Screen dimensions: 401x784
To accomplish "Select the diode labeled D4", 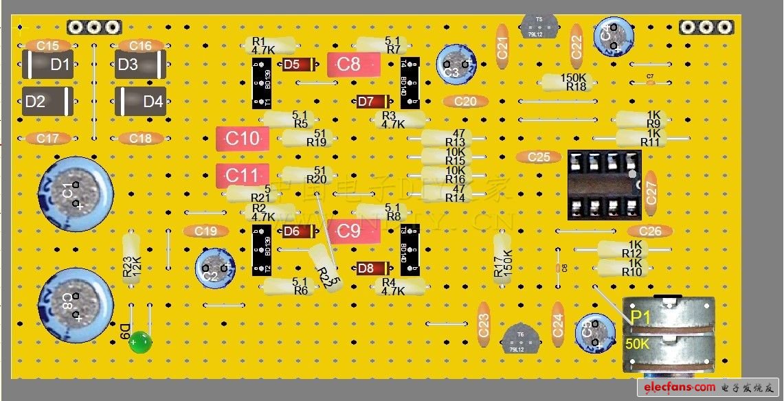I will coord(141,102).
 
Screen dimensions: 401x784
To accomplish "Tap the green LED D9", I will coord(140,341).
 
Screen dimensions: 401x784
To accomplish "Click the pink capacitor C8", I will coord(353,65).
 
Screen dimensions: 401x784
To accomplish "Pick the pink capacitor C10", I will coord(243,139).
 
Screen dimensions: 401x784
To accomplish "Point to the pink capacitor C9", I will coord(353,232).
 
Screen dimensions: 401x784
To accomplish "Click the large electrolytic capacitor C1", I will coord(75,194).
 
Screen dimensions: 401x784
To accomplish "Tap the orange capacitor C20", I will coord(465,102).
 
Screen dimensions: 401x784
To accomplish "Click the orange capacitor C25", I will coord(539,157).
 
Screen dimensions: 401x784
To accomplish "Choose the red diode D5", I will coord(299,65).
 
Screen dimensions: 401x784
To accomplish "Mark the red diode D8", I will coord(373,268).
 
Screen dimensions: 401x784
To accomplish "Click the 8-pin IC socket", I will coord(604,185).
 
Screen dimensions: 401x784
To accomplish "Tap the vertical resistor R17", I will coord(503,257).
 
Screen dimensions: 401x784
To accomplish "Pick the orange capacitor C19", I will coord(205,231).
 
